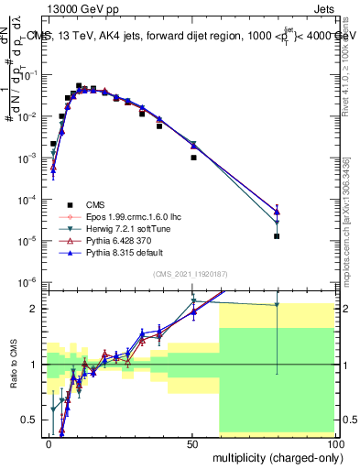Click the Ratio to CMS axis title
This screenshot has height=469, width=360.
pyautogui.click(x=13, y=364)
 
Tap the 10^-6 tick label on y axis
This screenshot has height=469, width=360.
pyautogui.click(x=28, y=281)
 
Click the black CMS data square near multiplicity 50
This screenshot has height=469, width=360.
pyautogui.click(x=193, y=158)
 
